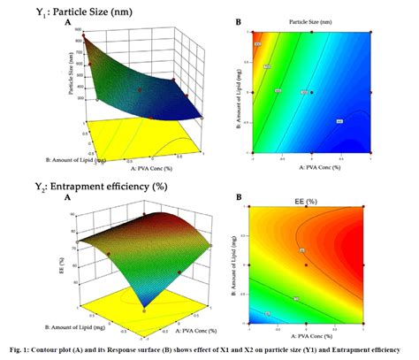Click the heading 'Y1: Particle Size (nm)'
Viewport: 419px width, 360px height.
point(56,11)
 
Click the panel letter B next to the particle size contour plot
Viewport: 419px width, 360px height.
point(237,20)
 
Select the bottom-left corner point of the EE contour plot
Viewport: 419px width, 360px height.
point(251,322)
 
